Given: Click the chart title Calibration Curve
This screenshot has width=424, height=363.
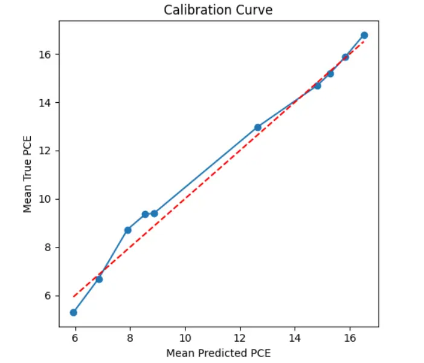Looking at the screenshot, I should [218, 10].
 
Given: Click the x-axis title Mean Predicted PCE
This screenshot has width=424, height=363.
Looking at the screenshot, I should [218, 353].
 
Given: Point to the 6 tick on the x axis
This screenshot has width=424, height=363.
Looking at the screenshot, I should [75, 338].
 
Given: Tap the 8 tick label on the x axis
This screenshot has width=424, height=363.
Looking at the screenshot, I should [130, 338].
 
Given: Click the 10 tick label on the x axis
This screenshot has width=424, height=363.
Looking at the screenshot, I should [185, 338].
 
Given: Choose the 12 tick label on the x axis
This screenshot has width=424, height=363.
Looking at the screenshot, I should [240, 338].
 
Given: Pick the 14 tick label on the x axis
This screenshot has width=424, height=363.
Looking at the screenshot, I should [295, 338].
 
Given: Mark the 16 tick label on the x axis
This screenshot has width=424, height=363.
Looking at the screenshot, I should [350, 338].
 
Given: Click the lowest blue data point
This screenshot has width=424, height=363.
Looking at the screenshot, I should [74, 312].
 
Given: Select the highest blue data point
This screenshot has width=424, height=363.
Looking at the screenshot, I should [364, 35].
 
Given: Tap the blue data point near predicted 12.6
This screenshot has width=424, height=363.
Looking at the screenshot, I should [258, 127].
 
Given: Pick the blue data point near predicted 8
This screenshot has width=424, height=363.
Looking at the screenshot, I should [128, 230].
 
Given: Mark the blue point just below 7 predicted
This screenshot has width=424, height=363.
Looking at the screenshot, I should [99, 279].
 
